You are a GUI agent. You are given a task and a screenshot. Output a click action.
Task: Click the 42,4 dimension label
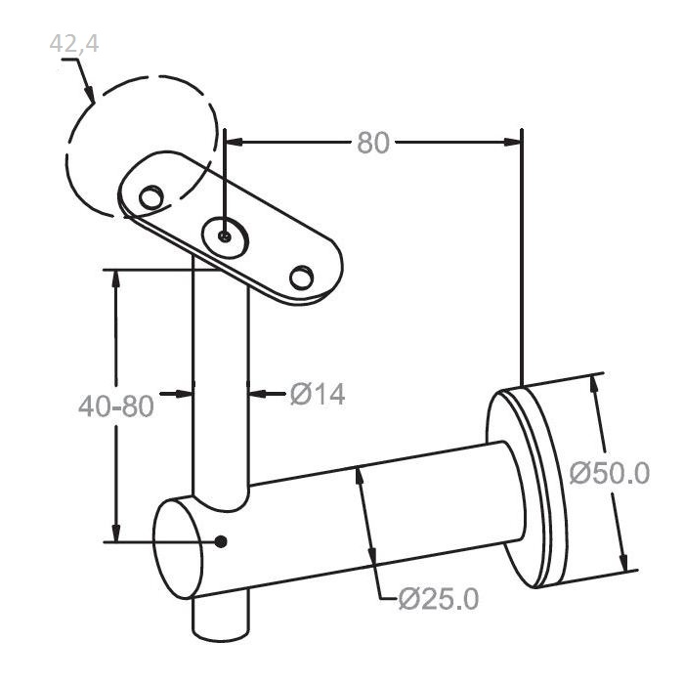(x=74, y=44)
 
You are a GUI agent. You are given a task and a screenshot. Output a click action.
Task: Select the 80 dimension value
(x=373, y=143)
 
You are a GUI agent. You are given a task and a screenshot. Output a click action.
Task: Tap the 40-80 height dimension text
(x=116, y=406)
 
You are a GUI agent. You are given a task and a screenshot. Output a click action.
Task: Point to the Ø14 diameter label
(x=318, y=394)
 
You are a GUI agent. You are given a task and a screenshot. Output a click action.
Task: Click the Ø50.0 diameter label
(x=610, y=473)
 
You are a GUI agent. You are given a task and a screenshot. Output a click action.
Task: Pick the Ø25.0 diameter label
(x=439, y=599)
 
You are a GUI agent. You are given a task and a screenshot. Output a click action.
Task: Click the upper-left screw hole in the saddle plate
(x=150, y=197)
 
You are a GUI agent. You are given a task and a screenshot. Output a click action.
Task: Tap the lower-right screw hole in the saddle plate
(x=301, y=277)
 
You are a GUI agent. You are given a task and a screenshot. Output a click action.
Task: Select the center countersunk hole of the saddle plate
(x=225, y=237)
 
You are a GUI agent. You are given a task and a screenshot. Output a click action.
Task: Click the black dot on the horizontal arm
(x=221, y=541)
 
